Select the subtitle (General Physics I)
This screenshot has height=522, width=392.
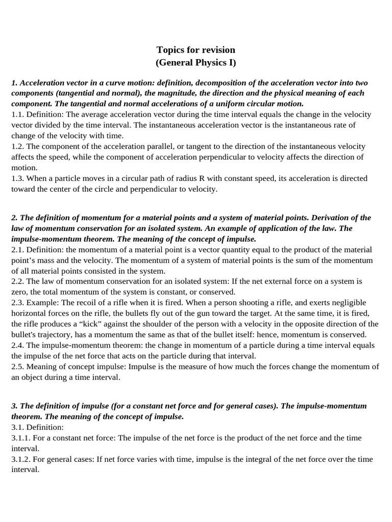195,63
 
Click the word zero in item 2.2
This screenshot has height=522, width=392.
19,292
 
